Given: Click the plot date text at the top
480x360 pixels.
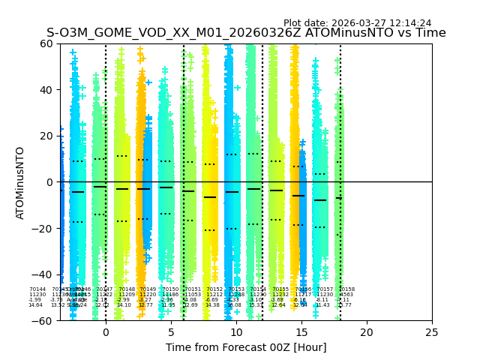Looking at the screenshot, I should pyautogui.click(x=357, y=23).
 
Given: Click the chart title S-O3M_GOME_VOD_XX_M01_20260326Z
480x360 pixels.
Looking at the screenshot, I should pyautogui.click(x=246, y=33).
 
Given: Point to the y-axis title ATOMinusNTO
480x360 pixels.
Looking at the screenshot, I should pyautogui.click(x=20, y=182).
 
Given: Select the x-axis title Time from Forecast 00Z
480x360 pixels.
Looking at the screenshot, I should pyautogui.click(x=246, y=347).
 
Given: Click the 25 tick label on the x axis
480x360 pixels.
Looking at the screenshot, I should pyautogui.click(x=432, y=332).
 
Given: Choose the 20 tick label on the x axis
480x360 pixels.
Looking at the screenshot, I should pyautogui.click(x=367, y=332).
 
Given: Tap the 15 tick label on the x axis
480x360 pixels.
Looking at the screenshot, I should pyautogui.click(x=301, y=332).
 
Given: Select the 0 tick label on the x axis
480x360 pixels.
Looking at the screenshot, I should pyautogui.click(x=106, y=332).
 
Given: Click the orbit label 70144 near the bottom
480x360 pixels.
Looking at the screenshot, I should pyautogui.click(x=37, y=289).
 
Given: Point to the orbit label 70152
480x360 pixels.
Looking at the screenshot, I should pyautogui.click(x=214, y=289).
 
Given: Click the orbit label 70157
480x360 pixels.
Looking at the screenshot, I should pyautogui.click(x=325, y=289).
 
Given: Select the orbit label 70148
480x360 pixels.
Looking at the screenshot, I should pyautogui.click(x=127, y=289).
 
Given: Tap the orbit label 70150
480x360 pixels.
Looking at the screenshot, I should pyautogui.click(x=170, y=289).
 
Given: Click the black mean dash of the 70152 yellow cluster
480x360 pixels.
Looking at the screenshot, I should pyautogui.click(x=210, y=197).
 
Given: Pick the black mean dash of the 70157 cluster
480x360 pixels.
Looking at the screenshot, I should pyautogui.click(x=320, y=200).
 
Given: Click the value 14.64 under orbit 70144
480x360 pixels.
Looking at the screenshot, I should pyautogui.click(x=35, y=305).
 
